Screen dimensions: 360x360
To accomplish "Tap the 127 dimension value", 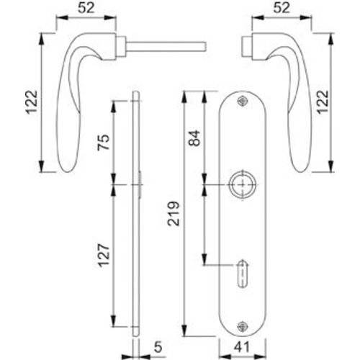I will [103, 256].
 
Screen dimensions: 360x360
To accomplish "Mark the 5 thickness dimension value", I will [157, 347].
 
